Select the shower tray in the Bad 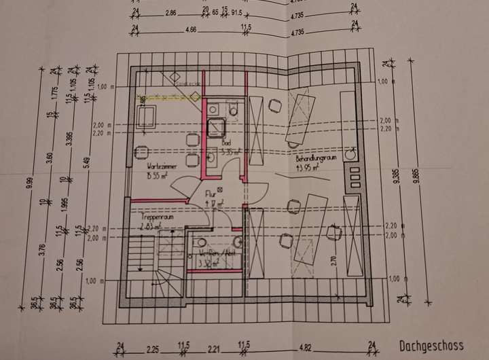[x=217, y=126]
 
